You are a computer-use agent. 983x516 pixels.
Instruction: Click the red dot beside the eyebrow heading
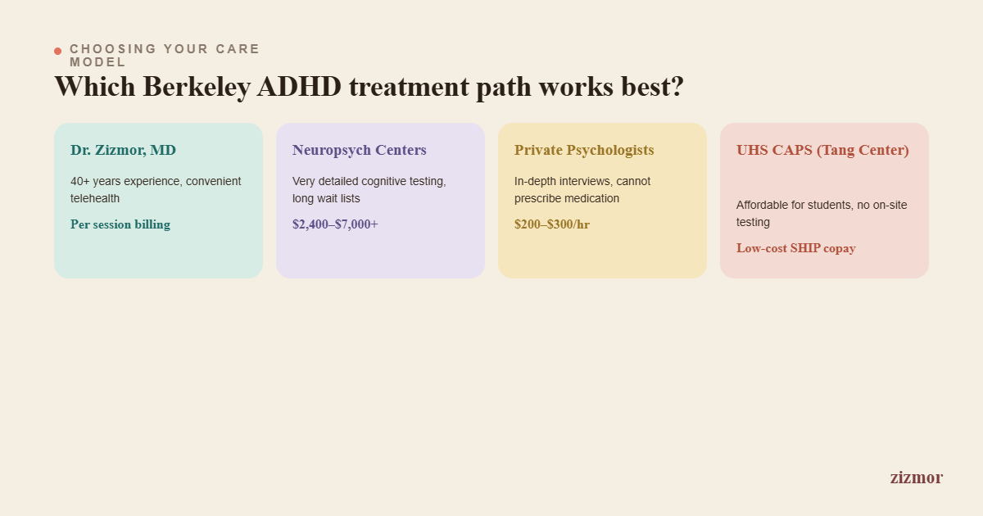(57, 52)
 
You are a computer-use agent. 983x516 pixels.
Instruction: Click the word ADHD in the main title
(299, 87)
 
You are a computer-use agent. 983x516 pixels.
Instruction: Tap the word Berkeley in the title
(197, 88)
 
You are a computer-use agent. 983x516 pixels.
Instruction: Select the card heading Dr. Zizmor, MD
(123, 150)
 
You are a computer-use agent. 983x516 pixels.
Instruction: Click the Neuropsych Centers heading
(360, 151)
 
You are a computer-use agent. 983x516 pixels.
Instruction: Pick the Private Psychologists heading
(584, 151)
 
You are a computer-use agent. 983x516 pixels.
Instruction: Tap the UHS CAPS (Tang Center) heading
(822, 151)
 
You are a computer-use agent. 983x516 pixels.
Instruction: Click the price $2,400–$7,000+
(335, 224)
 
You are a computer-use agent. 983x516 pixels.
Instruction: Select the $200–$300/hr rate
(552, 224)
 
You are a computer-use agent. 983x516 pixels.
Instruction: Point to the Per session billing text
(120, 224)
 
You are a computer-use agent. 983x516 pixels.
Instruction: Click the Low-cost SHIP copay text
(796, 248)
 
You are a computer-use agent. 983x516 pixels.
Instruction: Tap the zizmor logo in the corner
(917, 478)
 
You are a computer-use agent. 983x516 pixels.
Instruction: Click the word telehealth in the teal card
(95, 198)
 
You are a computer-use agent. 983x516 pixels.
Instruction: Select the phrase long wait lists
(326, 198)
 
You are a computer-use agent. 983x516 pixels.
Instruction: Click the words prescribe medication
(567, 198)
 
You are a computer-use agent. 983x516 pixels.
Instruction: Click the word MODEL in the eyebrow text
(97, 62)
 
